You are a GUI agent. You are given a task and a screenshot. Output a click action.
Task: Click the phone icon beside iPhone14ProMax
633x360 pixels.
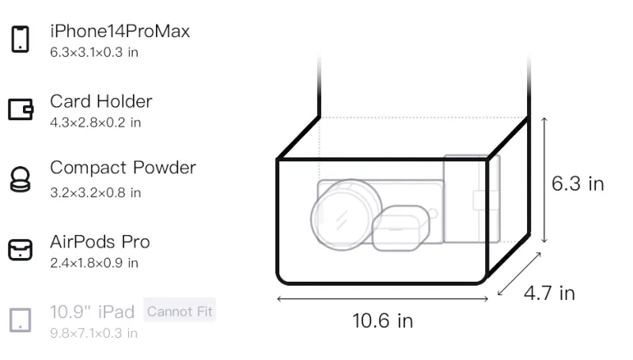coord(21,39)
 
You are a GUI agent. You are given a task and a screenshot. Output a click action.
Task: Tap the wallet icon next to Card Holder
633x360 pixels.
coord(21,109)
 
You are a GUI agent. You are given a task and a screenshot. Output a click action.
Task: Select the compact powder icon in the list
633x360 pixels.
coord(21,179)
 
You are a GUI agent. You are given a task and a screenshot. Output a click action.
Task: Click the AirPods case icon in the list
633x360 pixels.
coord(21,249)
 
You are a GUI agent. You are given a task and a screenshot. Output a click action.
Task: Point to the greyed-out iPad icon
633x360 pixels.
coord(21,320)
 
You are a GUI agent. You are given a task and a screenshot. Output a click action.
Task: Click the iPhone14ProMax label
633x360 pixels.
coord(120,31)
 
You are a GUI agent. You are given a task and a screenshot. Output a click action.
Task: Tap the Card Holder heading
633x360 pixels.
coord(101,101)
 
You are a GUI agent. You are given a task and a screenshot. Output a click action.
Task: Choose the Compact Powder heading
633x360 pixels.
coord(123,168)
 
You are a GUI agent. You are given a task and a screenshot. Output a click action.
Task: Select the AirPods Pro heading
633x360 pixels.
coord(100,242)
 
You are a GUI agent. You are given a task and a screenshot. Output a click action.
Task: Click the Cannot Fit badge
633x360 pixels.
coord(180,311)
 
